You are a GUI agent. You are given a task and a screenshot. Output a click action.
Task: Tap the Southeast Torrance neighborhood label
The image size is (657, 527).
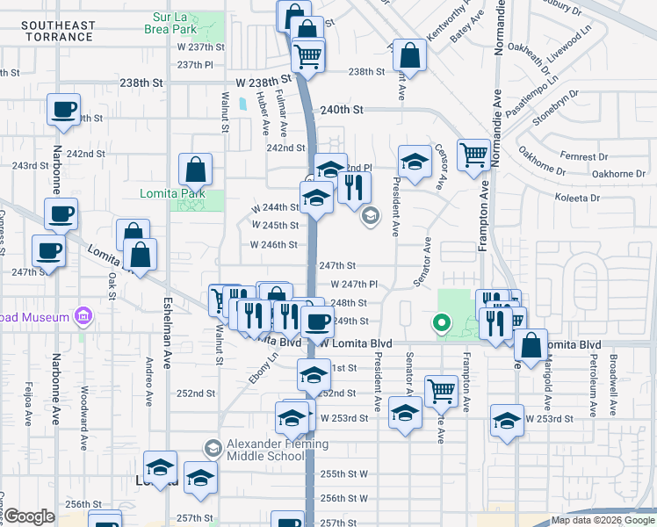click(x=59, y=31)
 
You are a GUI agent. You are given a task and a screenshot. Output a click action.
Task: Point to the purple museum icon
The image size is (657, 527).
click(x=84, y=315)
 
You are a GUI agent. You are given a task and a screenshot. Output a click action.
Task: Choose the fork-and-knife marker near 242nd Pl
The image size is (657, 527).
click(x=354, y=187)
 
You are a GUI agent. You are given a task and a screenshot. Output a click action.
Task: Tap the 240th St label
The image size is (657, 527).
click(x=342, y=110)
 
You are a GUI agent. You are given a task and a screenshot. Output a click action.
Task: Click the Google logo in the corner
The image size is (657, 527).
click(x=29, y=516)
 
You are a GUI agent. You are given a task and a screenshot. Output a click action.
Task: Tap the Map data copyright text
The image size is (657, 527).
click(x=603, y=521)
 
